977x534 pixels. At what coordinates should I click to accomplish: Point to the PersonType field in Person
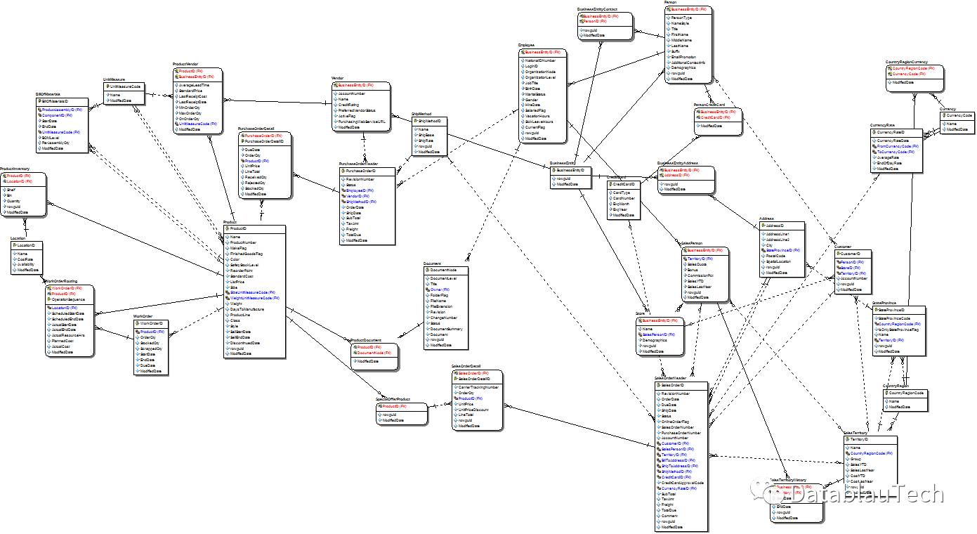click(x=682, y=18)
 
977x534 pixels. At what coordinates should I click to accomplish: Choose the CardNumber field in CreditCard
click(x=624, y=198)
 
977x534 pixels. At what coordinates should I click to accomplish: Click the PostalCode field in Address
click(x=775, y=256)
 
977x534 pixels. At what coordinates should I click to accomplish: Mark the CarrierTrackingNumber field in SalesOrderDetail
click(x=478, y=387)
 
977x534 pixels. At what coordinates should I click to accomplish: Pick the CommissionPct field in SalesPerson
click(x=702, y=275)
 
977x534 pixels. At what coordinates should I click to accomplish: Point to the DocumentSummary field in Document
click(x=446, y=329)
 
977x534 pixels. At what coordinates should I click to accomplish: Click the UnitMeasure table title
click(x=114, y=79)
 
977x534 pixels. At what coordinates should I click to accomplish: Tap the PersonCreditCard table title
click(x=709, y=105)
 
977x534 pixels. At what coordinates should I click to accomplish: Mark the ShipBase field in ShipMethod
click(x=426, y=135)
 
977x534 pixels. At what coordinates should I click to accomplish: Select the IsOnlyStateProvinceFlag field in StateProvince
click(x=900, y=329)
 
